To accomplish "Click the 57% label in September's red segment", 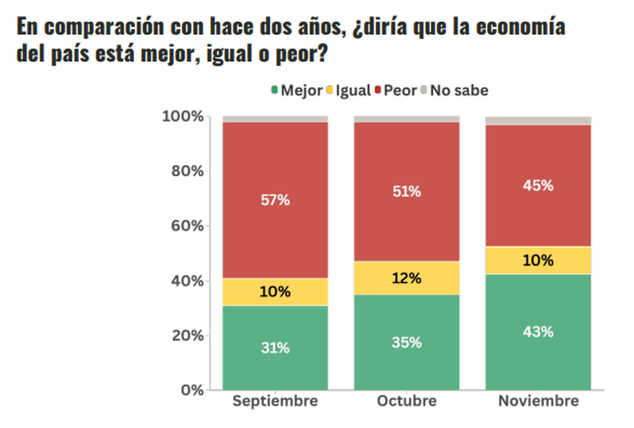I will tap(275, 200).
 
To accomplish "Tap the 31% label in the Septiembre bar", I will tap(275, 348).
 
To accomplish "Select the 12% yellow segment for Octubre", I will tap(407, 278).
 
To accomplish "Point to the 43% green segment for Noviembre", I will tap(538, 332).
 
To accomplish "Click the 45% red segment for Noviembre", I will tap(538, 186).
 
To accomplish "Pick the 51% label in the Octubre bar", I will tap(407, 192).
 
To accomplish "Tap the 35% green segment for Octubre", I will tap(407, 342).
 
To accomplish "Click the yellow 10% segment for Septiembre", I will tap(275, 292).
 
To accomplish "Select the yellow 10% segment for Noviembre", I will tap(538, 260).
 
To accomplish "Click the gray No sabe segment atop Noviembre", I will tap(538, 121).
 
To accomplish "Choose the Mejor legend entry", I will tap(296, 91).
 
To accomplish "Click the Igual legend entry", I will tap(348, 91).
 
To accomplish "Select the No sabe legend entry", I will tap(454, 91).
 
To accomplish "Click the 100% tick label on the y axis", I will tap(183, 116).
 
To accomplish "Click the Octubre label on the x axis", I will tap(407, 402).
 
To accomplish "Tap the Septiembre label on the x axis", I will tap(275, 402).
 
